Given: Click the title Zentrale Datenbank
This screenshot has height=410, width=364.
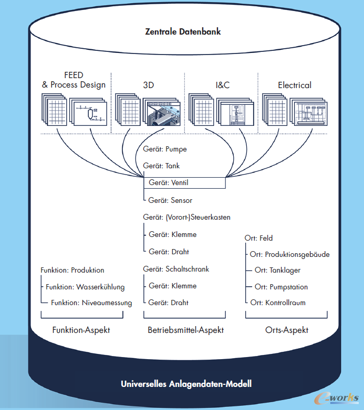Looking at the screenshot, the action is pyautogui.click(x=183, y=31).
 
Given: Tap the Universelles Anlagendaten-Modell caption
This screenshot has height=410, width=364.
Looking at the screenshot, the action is pyautogui.click(x=186, y=384).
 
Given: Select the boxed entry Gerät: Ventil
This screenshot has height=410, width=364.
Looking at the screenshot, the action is pyautogui.click(x=184, y=183).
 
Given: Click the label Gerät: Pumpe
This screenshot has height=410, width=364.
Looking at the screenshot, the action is pyautogui.click(x=165, y=149).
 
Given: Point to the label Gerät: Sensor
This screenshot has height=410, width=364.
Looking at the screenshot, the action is pyautogui.click(x=170, y=200).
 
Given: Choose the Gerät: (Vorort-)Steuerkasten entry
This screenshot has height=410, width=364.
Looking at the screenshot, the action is pyautogui.click(x=186, y=217).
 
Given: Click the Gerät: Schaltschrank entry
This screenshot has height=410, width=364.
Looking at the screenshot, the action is pyautogui.click(x=176, y=269).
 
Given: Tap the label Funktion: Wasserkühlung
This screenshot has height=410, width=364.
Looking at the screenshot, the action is pyautogui.click(x=85, y=287).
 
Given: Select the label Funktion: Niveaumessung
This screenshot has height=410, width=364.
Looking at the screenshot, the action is pyautogui.click(x=91, y=303).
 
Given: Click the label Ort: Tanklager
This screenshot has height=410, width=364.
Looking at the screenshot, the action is pyautogui.click(x=277, y=270).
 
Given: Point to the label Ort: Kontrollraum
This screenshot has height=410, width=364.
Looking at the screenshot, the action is pyautogui.click(x=278, y=303).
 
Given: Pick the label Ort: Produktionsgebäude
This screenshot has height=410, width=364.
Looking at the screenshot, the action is pyautogui.click(x=289, y=254).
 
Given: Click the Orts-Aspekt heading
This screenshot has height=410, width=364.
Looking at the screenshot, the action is pyautogui.click(x=287, y=330).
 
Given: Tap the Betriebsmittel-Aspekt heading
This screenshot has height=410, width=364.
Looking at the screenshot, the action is pyautogui.click(x=185, y=330).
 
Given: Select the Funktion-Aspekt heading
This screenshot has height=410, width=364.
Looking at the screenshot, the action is pyautogui.click(x=81, y=330).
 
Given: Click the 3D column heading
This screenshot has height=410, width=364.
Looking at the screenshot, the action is pyautogui.click(x=149, y=85).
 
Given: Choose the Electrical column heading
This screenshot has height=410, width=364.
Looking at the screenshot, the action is pyautogui.click(x=295, y=85).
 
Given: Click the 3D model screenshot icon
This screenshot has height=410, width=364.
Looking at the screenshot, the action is pyautogui.click(x=162, y=112).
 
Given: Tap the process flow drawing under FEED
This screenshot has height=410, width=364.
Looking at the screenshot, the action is pyautogui.click(x=88, y=112).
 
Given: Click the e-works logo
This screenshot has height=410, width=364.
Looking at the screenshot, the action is pyautogui.click(x=337, y=398).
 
